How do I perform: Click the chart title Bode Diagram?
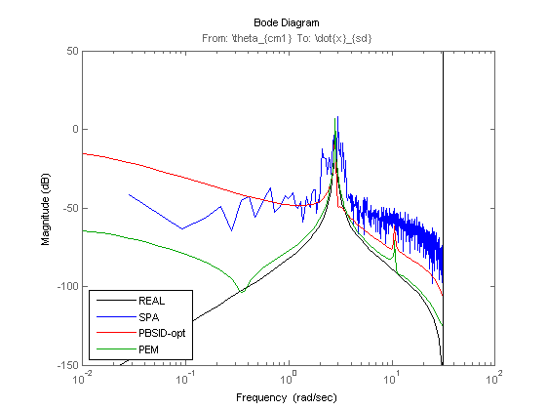286,23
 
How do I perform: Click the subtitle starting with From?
287,38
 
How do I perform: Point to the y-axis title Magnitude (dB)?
46,209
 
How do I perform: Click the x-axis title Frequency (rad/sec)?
287,397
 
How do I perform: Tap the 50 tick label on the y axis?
72,51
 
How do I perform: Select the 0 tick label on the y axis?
76,129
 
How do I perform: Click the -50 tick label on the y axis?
71,208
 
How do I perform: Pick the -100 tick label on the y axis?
68,286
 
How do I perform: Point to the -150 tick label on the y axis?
68,365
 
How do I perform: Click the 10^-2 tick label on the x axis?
82,378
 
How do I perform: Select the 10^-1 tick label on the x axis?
185,378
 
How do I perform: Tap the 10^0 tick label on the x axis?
289,378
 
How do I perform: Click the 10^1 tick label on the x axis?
391,378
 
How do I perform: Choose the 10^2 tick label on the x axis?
494,378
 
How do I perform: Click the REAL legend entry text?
151,301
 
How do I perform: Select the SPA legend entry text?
149,317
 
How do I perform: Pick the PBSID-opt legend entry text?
162,334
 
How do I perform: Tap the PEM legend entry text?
148,349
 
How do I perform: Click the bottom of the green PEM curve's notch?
243,292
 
